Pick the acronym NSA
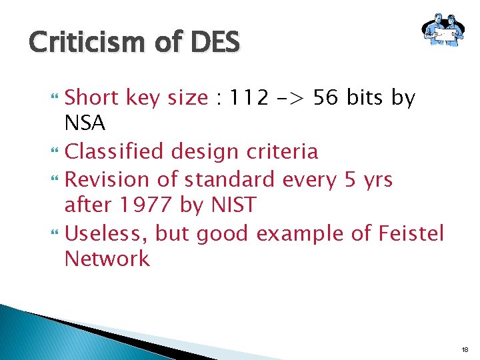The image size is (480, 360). pos(85,123)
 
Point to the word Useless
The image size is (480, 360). pos(107,233)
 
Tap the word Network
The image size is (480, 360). pos(107,259)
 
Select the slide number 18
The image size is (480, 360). pos(466,349)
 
